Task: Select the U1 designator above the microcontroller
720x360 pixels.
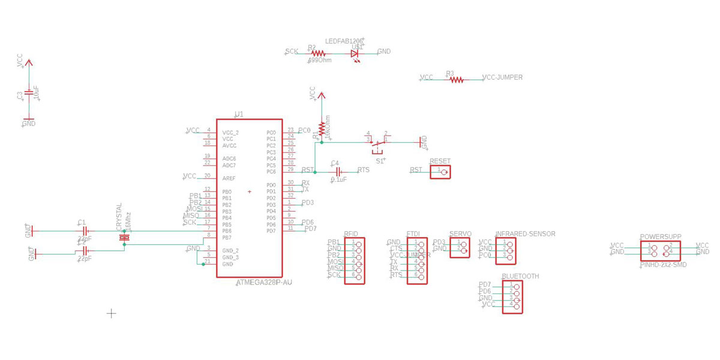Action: [239, 114]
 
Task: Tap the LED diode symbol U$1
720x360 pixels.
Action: [355, 53]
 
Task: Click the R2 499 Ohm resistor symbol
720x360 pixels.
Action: [318, 53]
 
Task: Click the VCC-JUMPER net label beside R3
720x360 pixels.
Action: [502, 77]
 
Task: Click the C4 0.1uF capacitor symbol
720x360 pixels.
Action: [338, 171]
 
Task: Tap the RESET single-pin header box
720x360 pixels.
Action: [441, 172]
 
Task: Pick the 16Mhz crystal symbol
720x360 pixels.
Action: [124, 238]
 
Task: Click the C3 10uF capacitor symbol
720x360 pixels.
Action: [28, 94]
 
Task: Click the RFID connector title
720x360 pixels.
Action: [351, 234]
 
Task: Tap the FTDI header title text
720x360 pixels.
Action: [414, 234]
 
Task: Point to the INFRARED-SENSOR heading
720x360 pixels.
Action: [525, 234]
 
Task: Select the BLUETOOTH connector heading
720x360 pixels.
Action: [520, 277]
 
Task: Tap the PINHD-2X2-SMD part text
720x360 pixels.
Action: [664, 264]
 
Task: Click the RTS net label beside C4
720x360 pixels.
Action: [364, 170]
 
